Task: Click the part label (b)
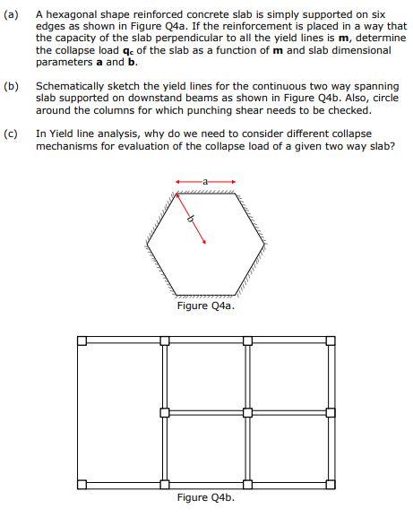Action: pyautogui.click(x=12, y=86)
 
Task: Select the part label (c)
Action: pyautogui.click(x=12, y=133)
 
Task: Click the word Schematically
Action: pyautogui.click(x=74, y=86)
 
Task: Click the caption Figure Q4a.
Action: pyautogui.click(x=205, y=306)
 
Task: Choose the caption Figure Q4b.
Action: pyautogui.click(x=205, y=497)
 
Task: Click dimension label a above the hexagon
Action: pyautogui.click(x=205, y=181)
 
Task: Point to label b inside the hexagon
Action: pyautogui.click(x=188, y=219)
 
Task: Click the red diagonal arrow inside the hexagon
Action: pyautogui.click(x=195, y=228)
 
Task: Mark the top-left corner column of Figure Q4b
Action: pyautogui.click(x=82, y=340)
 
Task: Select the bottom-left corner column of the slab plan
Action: pyautogui.click(x=82, y=485)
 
